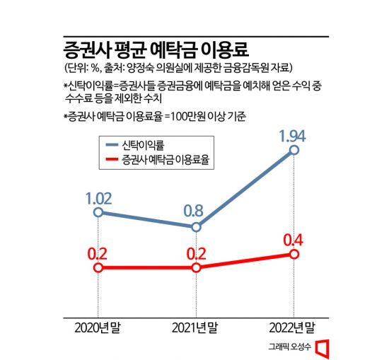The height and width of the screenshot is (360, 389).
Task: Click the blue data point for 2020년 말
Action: point(99,211)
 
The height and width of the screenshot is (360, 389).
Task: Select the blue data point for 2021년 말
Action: point(196,226)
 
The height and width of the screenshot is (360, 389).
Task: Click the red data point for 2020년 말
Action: point(99,268)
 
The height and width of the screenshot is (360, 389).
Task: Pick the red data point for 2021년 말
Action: point(196,268)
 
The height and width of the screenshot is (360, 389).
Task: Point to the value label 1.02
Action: point(99,194)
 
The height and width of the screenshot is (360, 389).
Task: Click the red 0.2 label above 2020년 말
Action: point(98,252)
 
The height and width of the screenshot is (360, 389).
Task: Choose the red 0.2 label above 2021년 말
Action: point(195,252)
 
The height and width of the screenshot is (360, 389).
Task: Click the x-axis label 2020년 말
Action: point(98,327)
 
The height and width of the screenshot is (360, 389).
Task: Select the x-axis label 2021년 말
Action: point(195,327)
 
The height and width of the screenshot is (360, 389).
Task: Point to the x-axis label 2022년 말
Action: point(293,327)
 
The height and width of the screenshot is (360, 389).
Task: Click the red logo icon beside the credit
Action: point(323,347)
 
